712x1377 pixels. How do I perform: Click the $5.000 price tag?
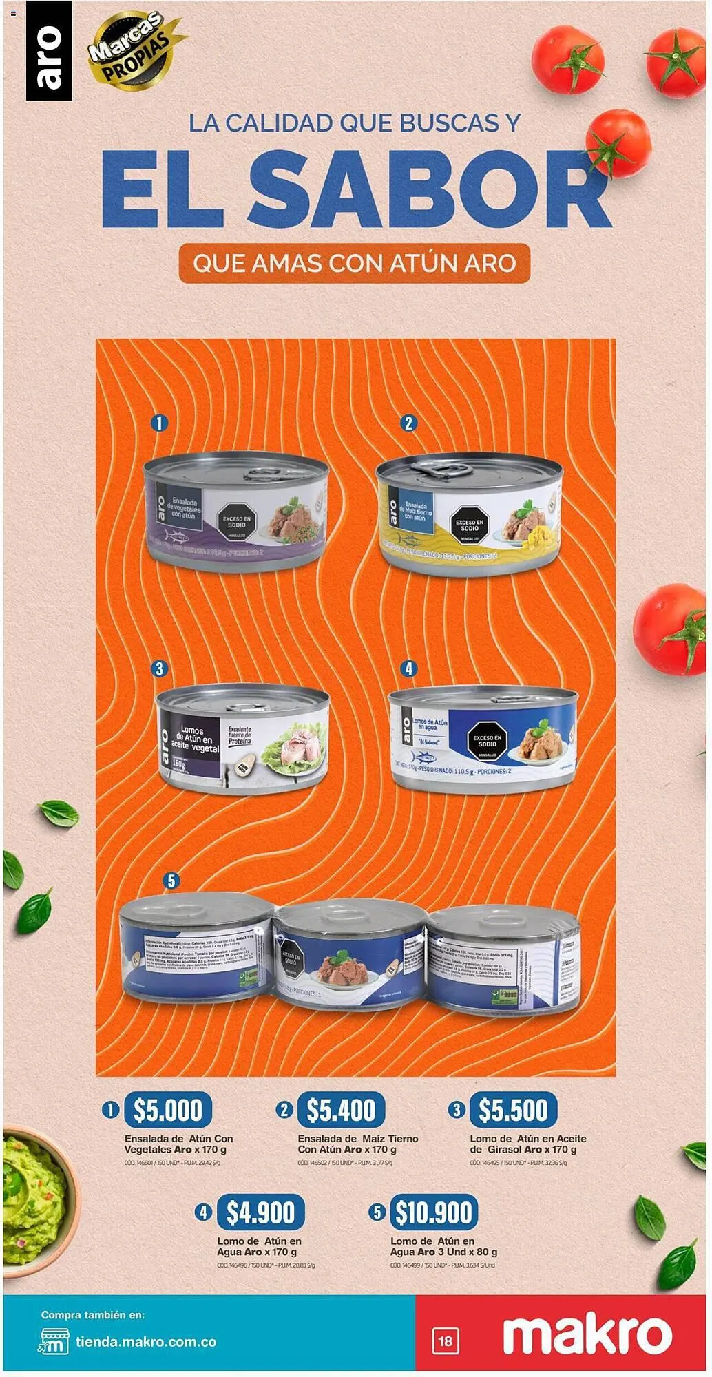point(167,1109)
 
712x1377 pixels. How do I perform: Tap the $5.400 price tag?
point(340,1109)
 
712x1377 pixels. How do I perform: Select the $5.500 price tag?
point(513,1109)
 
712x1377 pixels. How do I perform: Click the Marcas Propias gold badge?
point(131,50)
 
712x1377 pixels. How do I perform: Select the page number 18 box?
point(446,1341)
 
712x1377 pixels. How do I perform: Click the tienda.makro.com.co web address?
point(146,1342)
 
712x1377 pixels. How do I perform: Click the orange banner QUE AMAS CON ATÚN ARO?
point(354,263)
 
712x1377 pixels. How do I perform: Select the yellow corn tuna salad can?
point(469,514)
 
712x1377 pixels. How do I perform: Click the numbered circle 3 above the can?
point(159,669)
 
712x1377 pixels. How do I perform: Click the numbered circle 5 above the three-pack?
point(171,881)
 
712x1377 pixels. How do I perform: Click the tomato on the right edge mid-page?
point(671,626)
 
